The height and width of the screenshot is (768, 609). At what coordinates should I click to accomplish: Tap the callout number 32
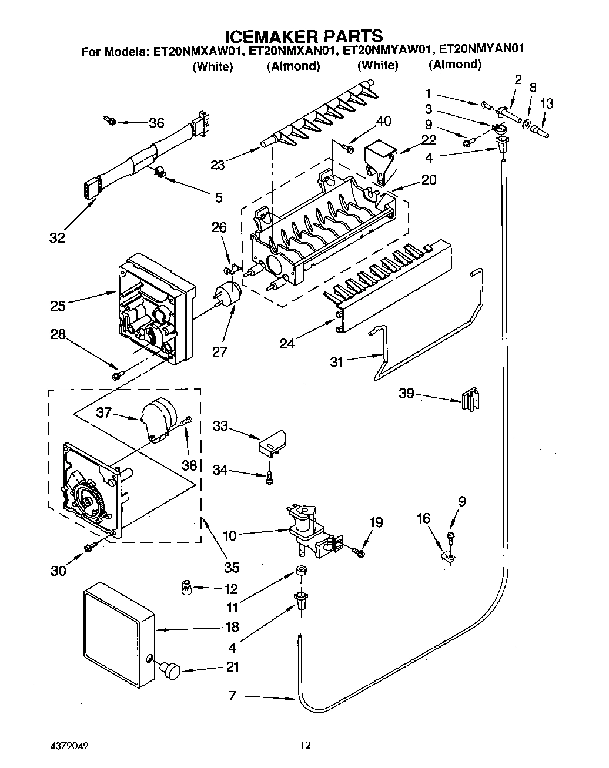[x=58, y=237]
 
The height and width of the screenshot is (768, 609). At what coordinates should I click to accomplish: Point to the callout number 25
[x=58, y=305]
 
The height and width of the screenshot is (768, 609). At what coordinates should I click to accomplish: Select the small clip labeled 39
[x=470, y=400]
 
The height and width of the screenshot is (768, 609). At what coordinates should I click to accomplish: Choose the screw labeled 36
[x=111, y=121]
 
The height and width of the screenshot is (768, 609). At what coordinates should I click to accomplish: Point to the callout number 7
[x=232, y=696]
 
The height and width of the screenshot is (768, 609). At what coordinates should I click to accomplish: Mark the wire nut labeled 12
[x=187, y=586]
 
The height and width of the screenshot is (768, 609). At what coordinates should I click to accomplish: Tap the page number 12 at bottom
[x=305, y=746]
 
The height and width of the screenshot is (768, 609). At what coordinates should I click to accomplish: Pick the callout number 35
[x=232, y=567]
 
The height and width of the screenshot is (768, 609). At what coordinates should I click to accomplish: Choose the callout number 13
[x=546, y=103]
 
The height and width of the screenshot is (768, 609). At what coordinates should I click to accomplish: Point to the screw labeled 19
[x=358, y=551]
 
